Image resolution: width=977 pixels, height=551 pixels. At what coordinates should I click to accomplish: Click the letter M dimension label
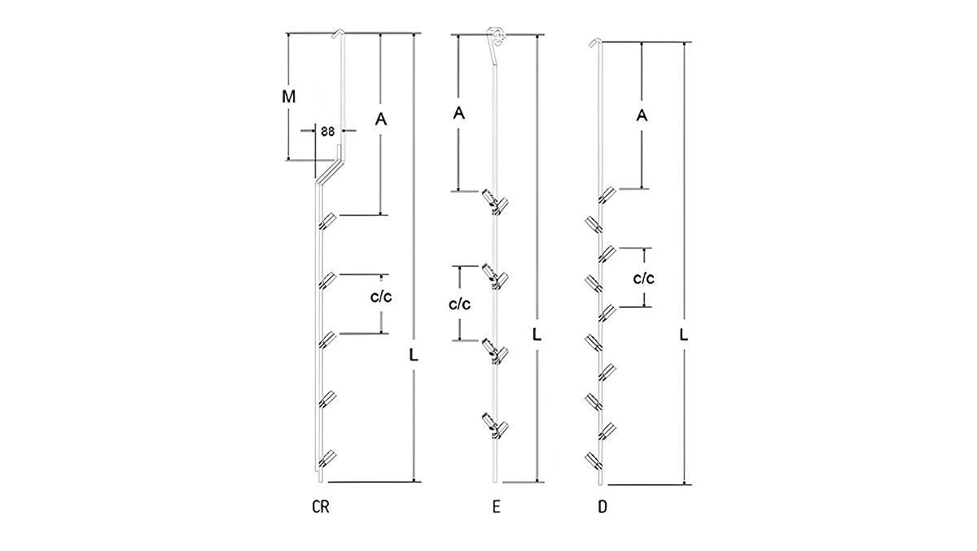289,96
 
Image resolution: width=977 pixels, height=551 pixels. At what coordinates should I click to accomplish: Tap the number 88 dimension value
327,131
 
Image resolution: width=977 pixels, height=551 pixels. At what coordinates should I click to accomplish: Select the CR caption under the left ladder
321,506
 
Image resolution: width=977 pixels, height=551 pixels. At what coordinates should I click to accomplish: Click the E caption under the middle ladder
497,506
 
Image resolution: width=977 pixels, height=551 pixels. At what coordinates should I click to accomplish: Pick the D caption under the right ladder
602,506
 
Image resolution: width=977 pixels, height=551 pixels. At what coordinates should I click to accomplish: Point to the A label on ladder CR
381,119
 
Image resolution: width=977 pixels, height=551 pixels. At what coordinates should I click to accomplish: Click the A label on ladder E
458,113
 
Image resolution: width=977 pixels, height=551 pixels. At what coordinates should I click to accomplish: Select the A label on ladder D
642,116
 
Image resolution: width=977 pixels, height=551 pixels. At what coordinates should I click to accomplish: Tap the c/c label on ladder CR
381,297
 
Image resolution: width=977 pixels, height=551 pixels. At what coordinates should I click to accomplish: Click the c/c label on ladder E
459,304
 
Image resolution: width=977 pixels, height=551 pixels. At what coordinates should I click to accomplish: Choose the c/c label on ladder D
644,278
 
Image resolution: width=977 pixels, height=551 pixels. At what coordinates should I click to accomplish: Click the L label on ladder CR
414,356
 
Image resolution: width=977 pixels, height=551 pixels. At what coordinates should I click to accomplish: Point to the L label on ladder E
537,335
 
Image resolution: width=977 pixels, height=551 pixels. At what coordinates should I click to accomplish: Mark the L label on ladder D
683,335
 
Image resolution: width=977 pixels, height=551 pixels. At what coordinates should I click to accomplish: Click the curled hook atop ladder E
496,37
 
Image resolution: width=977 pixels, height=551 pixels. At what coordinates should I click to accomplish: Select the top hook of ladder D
595,42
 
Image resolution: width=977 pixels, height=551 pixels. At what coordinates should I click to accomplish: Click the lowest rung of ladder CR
327,458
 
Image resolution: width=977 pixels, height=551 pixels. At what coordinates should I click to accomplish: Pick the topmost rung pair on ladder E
495,202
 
